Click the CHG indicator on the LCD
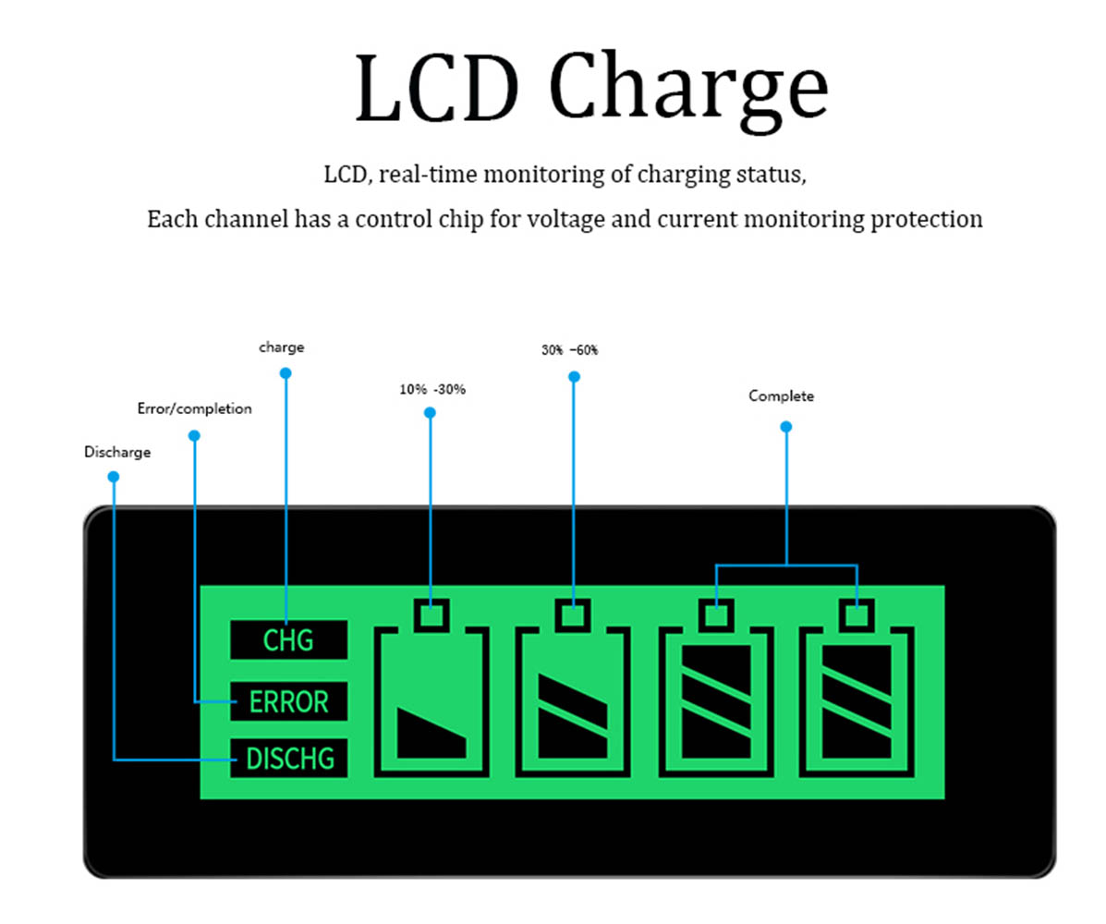[x=288, y=640]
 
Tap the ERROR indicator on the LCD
[x=288, y=702]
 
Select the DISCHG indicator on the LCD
[x=288, y=760]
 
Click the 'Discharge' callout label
[x=117, y=453]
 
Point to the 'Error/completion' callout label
[x=194, y=408]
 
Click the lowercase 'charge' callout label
[x=281, y=348]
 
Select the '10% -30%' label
[x=432, y=390]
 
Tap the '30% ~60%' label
[x=569, y=351]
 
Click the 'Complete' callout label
[x=781, y=396]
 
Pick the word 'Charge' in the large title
[x=688, y=91]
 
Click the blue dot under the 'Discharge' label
[x=114, y=477]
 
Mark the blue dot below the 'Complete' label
[x=785, y=427]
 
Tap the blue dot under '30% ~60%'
[x=574, y=376]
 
